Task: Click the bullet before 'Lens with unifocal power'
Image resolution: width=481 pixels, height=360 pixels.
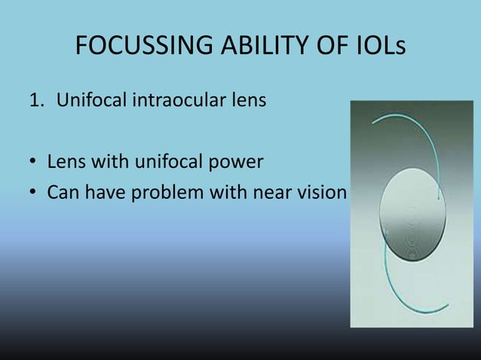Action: (33, 163)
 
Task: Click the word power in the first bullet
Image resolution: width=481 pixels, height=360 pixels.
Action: (238, 163)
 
